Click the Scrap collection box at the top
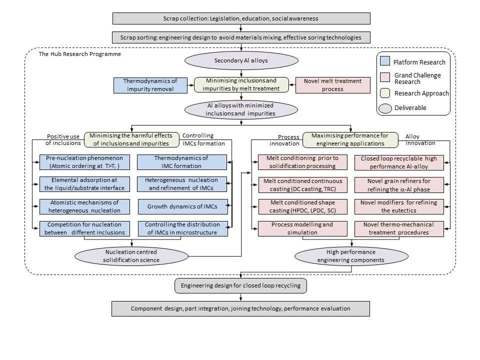click(x=241, y=18)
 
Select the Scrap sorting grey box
click(x=241, y=37)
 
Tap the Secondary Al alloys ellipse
click(x=241, y=61)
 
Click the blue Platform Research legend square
click(x=385, y=62)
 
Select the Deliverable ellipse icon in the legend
click(x=385, y=107)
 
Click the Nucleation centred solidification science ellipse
click(x=132, y=256)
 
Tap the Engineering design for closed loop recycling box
click(x=240, y=286)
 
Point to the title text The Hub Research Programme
click(x=79, y=53)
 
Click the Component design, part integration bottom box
click(x=240, y=308)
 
